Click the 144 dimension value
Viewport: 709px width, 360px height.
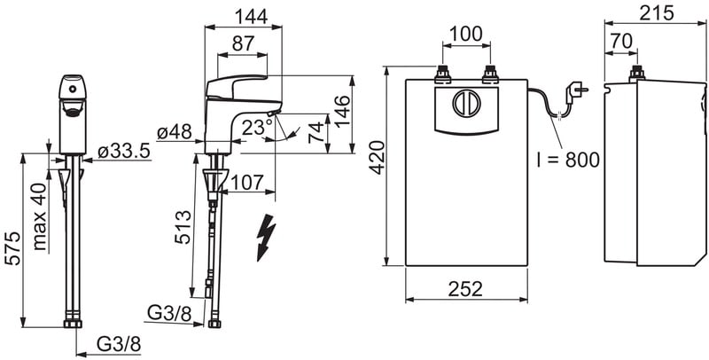pos(252,17)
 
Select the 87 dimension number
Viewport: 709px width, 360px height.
pos(243,43)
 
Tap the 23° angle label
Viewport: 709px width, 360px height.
pos(257,128)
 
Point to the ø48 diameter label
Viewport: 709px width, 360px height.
pos(175,132)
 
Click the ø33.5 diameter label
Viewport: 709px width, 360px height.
pos(123,152)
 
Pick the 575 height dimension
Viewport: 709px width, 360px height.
pos(12,248)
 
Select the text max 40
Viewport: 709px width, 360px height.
pos(40,216)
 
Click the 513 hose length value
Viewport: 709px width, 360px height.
pos(183,228)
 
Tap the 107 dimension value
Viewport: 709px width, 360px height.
pos(247,183)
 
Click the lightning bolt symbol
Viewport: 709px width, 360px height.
pos(265,237)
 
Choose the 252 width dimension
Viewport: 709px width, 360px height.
pos(466,289)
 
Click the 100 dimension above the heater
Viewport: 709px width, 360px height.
pos(466,34)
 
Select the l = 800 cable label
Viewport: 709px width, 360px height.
pos(568,160)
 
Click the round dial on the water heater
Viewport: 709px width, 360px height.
pos(466,104)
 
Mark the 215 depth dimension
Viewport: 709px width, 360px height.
pos(657,13)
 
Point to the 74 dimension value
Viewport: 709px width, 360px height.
pos(317,132)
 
